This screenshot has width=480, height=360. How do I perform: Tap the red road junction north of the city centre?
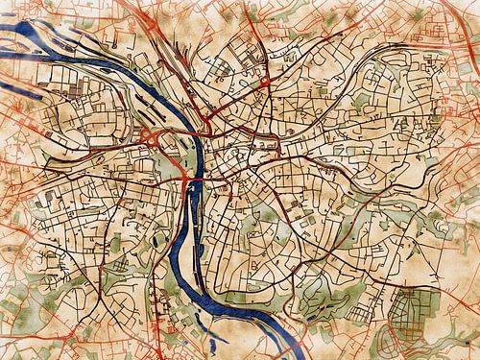(x=262, y=86)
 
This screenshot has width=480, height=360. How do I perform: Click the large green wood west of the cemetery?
(x=317, y=288)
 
